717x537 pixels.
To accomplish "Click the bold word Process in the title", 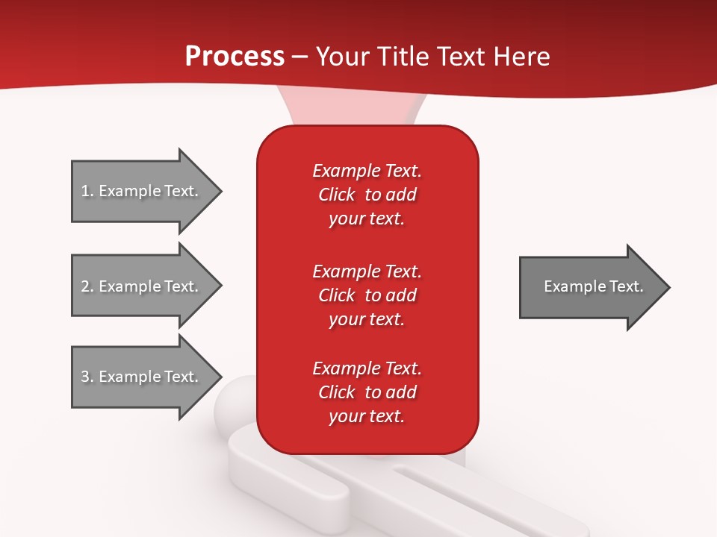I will click(x=235, y=57).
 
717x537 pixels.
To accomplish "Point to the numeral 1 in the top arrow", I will click(x=84, y=191).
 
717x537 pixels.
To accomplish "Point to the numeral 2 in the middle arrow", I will click(x=84, y=286).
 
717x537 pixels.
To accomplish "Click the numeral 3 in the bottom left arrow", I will click(x=84, y=377).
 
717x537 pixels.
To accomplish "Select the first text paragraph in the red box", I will click(x=367, y=195).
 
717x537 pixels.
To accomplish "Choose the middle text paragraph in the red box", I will click(x=367, y=295).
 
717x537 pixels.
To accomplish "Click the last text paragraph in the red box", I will click(x=367, y=392).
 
